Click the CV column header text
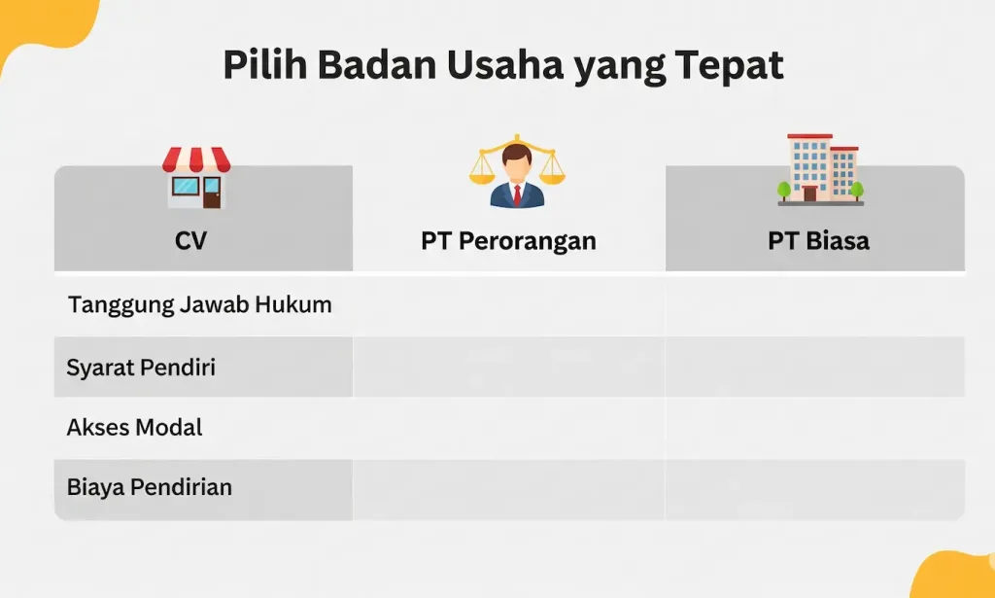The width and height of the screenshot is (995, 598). (x=191, y=240)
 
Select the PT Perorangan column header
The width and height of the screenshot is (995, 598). (x=508, y=240)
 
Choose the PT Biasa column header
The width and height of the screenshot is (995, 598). (x=818, y=240)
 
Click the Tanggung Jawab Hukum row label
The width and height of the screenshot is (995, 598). (x=199, y=304)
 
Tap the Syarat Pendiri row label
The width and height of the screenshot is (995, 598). (x=141, y=368)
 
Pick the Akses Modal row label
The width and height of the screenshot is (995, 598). (x=134, y=427)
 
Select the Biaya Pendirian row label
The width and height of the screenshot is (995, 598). (x=149, y=486)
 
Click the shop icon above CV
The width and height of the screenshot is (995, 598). (x=195, y=178)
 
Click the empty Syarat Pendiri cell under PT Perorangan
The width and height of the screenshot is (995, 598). (x=508, y=368)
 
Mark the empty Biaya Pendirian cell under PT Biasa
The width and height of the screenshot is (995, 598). (x=814, y=488)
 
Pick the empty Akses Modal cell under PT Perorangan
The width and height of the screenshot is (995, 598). (x=508, y=428)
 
